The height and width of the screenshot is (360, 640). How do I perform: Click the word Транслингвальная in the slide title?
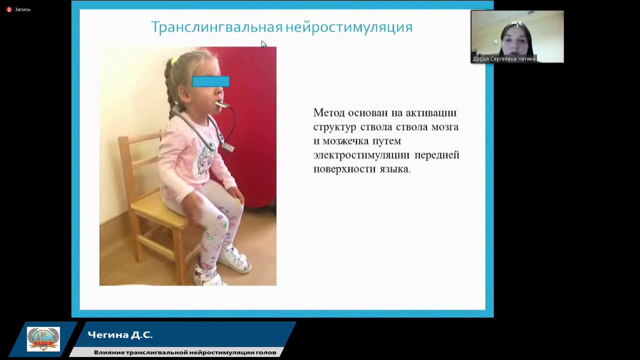[x=216, y=27]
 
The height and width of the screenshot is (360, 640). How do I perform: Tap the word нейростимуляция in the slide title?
[x=349, y=27]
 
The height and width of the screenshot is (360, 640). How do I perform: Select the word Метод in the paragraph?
[x=329, y=113]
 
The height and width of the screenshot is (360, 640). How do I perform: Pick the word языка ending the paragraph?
[x=394, y=169]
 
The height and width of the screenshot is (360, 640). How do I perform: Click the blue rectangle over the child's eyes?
[x=210, y=81]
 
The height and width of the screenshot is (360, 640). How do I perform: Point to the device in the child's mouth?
[x=221, y=104]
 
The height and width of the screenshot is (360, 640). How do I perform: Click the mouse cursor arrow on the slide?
[x=263, y=44]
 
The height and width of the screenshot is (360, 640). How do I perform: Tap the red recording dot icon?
[x=8, y=9]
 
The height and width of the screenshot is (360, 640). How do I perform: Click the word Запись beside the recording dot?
[x=23, y=9]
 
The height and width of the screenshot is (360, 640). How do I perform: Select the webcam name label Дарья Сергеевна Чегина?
[x=504, y=59]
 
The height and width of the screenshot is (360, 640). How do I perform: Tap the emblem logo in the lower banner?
[x=43, y=339]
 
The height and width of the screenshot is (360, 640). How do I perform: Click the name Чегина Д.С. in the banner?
[x=120, y=335]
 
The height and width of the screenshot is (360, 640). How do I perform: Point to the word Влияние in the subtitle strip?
[x=109, y=352]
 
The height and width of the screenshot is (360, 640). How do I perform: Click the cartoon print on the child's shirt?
[x=204, y=161]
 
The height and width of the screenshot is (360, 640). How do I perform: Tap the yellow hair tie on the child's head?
[x=174, y=60]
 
